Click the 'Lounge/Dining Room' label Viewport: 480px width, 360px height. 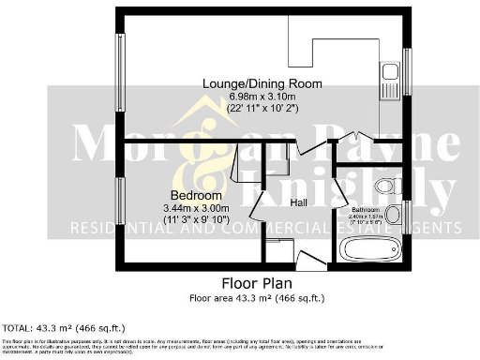tap(262, 83)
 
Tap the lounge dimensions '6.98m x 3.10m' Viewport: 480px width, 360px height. tap(262, 97)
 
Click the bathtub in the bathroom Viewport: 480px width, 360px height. tap(370, 249)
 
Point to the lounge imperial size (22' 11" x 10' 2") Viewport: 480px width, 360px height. tap(262, 110)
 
